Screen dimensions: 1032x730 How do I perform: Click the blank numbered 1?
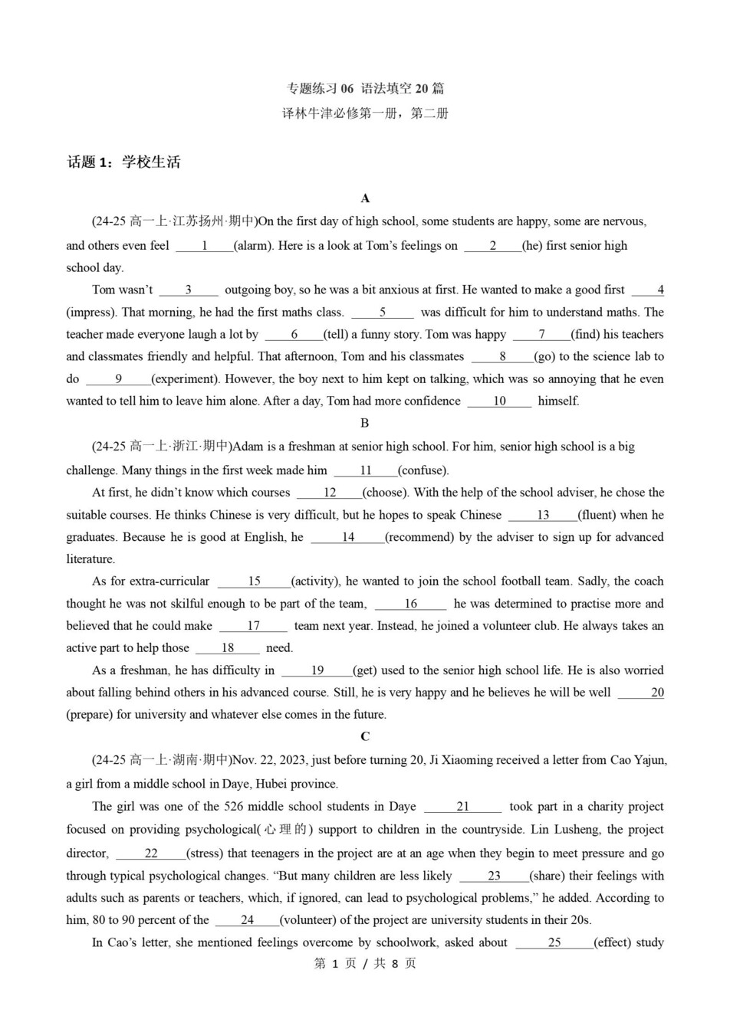(x=204, y=246)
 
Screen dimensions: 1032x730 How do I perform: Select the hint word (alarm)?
(x=252, y=246)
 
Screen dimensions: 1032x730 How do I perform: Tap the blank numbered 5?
(x=383, y=313)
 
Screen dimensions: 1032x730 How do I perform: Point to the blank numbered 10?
(x=499, y=401)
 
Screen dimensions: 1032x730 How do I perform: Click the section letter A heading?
(x=365, y=198)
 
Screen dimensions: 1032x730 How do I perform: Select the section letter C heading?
(x=365, y=737)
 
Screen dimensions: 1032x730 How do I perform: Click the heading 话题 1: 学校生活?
(x=124, y=162)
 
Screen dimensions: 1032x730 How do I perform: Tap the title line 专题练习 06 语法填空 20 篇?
(x=365, y=89)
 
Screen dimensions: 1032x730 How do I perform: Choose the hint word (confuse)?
(x=423, y=470)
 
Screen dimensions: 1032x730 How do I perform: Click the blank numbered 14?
(x=348, y=538)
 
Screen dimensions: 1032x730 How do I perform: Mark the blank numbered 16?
(x=410, y=604)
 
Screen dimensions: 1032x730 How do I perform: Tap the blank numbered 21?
(x=463, y=807)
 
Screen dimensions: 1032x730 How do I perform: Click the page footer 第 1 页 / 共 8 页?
(x=365, y=964)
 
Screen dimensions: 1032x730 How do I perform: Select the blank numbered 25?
(x=554, y=943)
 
